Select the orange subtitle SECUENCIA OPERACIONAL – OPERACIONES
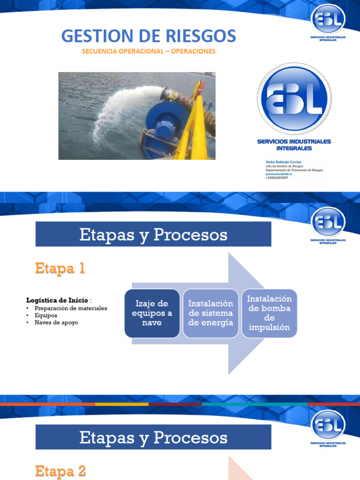tap(149, 51)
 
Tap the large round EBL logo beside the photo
tap(294, 98)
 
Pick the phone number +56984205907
tap(277, 178)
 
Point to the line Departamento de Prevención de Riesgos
tap(294, 170)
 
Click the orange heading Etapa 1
tap(60, 269)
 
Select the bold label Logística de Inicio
tap(57, 300)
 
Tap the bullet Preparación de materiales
tap(71, 308)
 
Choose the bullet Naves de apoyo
tap(56, 323)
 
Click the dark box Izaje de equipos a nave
tap(152, 313)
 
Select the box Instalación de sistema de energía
tap(210, 313)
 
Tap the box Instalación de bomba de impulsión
tap(269, 313)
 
